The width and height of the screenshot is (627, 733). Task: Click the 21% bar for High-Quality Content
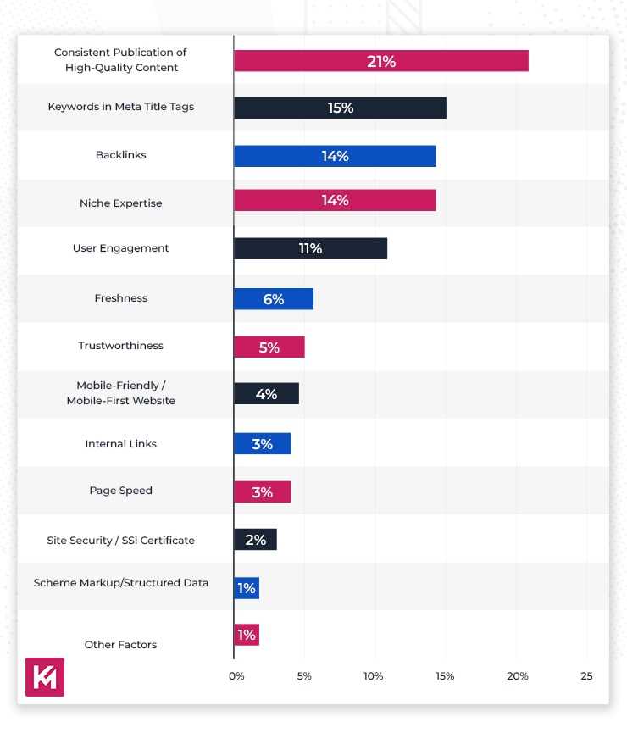[x=381, y=61]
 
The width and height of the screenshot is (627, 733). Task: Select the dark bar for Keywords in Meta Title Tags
[x=340, y=108]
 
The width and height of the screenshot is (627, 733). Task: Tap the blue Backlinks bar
[x=335, y=156]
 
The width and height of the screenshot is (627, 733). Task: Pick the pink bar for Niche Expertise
[x=335, y=201]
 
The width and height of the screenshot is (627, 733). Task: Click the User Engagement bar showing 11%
[x=310, y=248]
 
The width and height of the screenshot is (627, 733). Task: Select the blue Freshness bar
[x=274, y=299]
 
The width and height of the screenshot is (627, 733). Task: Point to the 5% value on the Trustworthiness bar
[x=269, y=347]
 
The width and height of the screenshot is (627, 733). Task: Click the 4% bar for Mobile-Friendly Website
[x=266, y=394]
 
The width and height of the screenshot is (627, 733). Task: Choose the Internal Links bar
[x=263, y=444]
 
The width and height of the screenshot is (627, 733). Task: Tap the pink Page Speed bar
[x=263, y=492]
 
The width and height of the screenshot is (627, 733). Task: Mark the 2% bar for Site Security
[x=255, y=540]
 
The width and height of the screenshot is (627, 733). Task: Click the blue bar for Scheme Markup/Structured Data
[x=247, y=588]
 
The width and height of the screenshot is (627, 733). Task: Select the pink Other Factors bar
[x=247, y=635]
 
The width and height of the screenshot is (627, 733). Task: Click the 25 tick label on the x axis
[x=587, y=676]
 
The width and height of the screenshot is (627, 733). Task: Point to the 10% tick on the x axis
[x=374, y=676]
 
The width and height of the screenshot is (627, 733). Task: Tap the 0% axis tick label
[x=236, y=676]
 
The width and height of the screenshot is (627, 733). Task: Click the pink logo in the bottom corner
[x=45, y=677]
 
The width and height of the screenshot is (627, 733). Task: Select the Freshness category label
[x=121, y=298]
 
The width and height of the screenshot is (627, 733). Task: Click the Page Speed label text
[x=121, y=491]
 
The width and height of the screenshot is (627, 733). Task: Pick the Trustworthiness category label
[x=121, y=346]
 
